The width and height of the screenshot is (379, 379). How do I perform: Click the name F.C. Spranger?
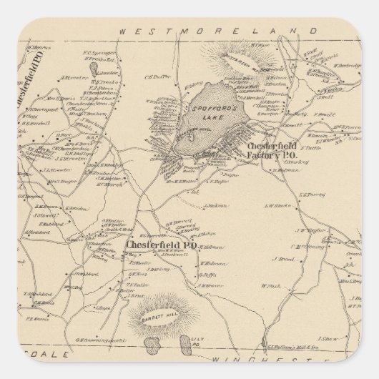(99, 53)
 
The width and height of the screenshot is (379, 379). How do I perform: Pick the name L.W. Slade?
(275, 205)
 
